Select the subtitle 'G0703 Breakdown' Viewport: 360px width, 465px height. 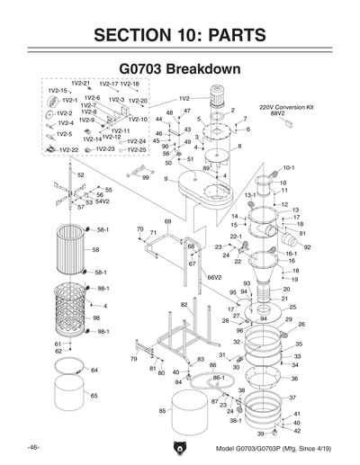pyautogui.click(x=180, y=68)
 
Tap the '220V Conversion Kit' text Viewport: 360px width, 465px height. pyautogui.click(x=286, y=105)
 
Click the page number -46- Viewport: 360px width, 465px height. pyautogui.click(x=31, y=447)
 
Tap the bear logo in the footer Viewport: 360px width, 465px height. pyautogui.click(x=180, y=447)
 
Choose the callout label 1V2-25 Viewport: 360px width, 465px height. pyautogui.click(x=137, y=149)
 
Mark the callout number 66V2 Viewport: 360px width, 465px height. pyautogui.click(x=214, y=278)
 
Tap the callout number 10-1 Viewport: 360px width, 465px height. pyautogui.click(x=289, y=167)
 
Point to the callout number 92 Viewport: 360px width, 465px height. pyautogui.click(x=307, y=246)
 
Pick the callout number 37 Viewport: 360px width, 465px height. pyautogui.click(x=292, y=397)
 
